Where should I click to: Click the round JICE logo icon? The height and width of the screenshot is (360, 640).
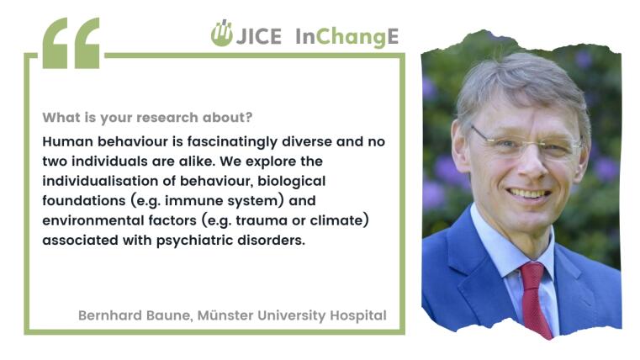coord(222,33)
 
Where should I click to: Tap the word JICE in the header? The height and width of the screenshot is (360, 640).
coord(259,36)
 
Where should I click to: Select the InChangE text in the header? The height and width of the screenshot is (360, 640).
coord(347,37)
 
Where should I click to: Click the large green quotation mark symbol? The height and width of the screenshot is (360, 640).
coord(71,43)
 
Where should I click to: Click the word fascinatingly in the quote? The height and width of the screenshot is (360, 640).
coord(232,142)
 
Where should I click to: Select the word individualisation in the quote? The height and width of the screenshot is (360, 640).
coord(100,181)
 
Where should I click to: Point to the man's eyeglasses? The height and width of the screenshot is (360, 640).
coord(527,144)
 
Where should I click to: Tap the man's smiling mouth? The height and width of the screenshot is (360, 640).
coord(529,193)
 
